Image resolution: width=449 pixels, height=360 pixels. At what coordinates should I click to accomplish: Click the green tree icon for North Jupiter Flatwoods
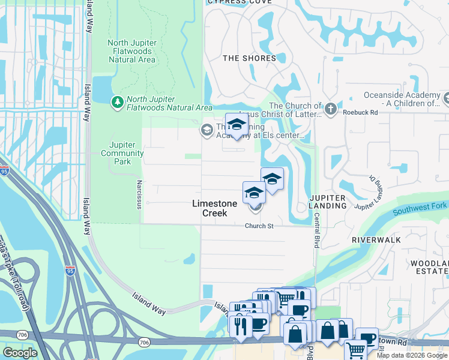[116, 103]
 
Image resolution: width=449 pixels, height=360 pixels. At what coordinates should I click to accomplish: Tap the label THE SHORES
[249, 58]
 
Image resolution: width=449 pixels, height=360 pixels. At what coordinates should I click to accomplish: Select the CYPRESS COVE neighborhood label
[235, 2]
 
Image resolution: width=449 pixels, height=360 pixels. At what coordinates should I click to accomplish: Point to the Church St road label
[259, 226]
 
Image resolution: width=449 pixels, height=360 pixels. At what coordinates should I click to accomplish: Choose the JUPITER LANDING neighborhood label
[328, 202]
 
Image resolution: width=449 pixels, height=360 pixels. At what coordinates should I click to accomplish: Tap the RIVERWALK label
[376, 239]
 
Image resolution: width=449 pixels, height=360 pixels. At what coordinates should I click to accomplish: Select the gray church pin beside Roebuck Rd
[330, 110]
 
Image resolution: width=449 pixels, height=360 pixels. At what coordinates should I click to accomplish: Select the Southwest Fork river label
[420, 210]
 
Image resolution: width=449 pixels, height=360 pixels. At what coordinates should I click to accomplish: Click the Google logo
[20, 353]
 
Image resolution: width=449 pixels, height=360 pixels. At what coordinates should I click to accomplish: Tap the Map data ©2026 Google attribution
[411, 355]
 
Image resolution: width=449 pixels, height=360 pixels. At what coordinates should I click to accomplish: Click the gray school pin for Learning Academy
[207, 130]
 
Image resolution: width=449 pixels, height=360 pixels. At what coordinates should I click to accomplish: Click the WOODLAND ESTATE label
[429, 268]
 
